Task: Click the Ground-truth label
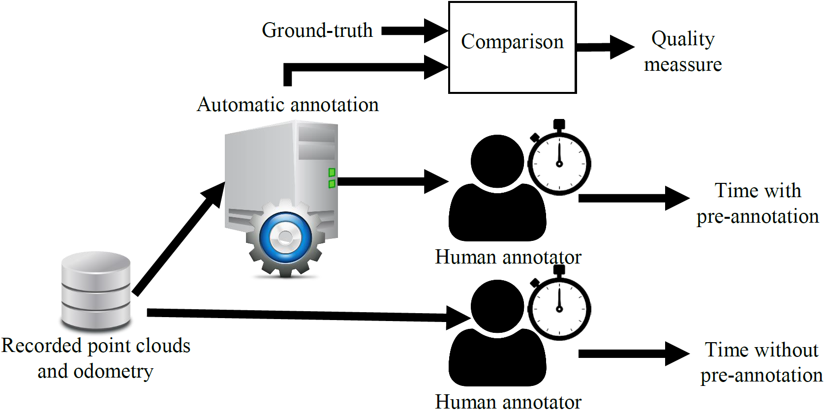(x=317, y=30)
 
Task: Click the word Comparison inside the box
(x=512, y=42)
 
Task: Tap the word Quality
(x=683, y=39)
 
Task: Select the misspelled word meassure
(x=683, y=65)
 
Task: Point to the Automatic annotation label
(x=288, y=105)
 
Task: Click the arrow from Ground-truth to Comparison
(x=415, y=31)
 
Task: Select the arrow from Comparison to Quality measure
(x=606, y=47)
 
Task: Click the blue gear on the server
(x=285, y=237)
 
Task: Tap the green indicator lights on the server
(x=332, y=178)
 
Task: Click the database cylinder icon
(x=96, y=291)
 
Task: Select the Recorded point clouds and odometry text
(x=96, y=358)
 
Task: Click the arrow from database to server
(x=178, y=239)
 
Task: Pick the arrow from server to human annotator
(x=393, y=181)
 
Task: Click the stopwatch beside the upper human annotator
(x=559, y=158)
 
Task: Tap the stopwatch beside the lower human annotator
(x=559, y=303)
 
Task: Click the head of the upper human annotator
(x=497, y=161)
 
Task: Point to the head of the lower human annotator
(x=497, y=306)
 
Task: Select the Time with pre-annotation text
(x=758, y=204)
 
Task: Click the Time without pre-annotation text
(x=761, y=362)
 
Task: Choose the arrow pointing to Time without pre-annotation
(x=634, y=353)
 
